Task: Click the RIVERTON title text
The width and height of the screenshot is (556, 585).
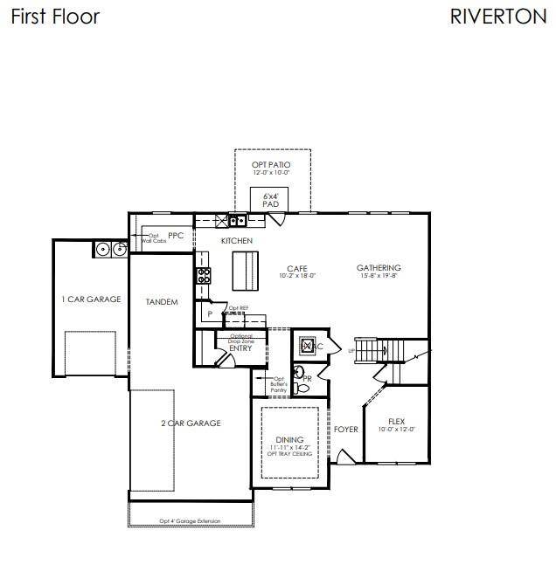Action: pos(498,17)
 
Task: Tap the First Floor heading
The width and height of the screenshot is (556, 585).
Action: pos(55,17)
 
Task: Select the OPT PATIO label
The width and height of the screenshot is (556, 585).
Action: pos(270,165)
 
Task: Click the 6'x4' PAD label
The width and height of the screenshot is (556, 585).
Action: pos(271,201)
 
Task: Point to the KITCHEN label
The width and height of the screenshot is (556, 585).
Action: pos(236,240)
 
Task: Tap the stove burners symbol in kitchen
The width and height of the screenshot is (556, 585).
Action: pos(204,276)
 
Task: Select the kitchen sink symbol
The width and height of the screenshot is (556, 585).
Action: pos(237,221)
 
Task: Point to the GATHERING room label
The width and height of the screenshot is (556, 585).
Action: pos(379,268)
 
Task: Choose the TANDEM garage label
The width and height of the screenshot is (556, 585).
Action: pos(162,302)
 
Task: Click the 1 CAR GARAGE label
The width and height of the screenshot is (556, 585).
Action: pos(91,299)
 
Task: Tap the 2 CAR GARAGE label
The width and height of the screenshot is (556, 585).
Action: pos(191,423)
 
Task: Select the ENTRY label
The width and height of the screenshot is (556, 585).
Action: pos(240,348)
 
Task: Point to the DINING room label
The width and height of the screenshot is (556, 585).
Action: pos(289,439)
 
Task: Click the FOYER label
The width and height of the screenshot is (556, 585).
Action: pos(345,430)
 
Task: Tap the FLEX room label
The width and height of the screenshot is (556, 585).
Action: pos(396,422)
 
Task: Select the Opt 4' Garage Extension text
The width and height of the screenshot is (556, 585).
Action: pos(190,521)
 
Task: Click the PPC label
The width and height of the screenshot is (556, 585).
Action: pos(176,235)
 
